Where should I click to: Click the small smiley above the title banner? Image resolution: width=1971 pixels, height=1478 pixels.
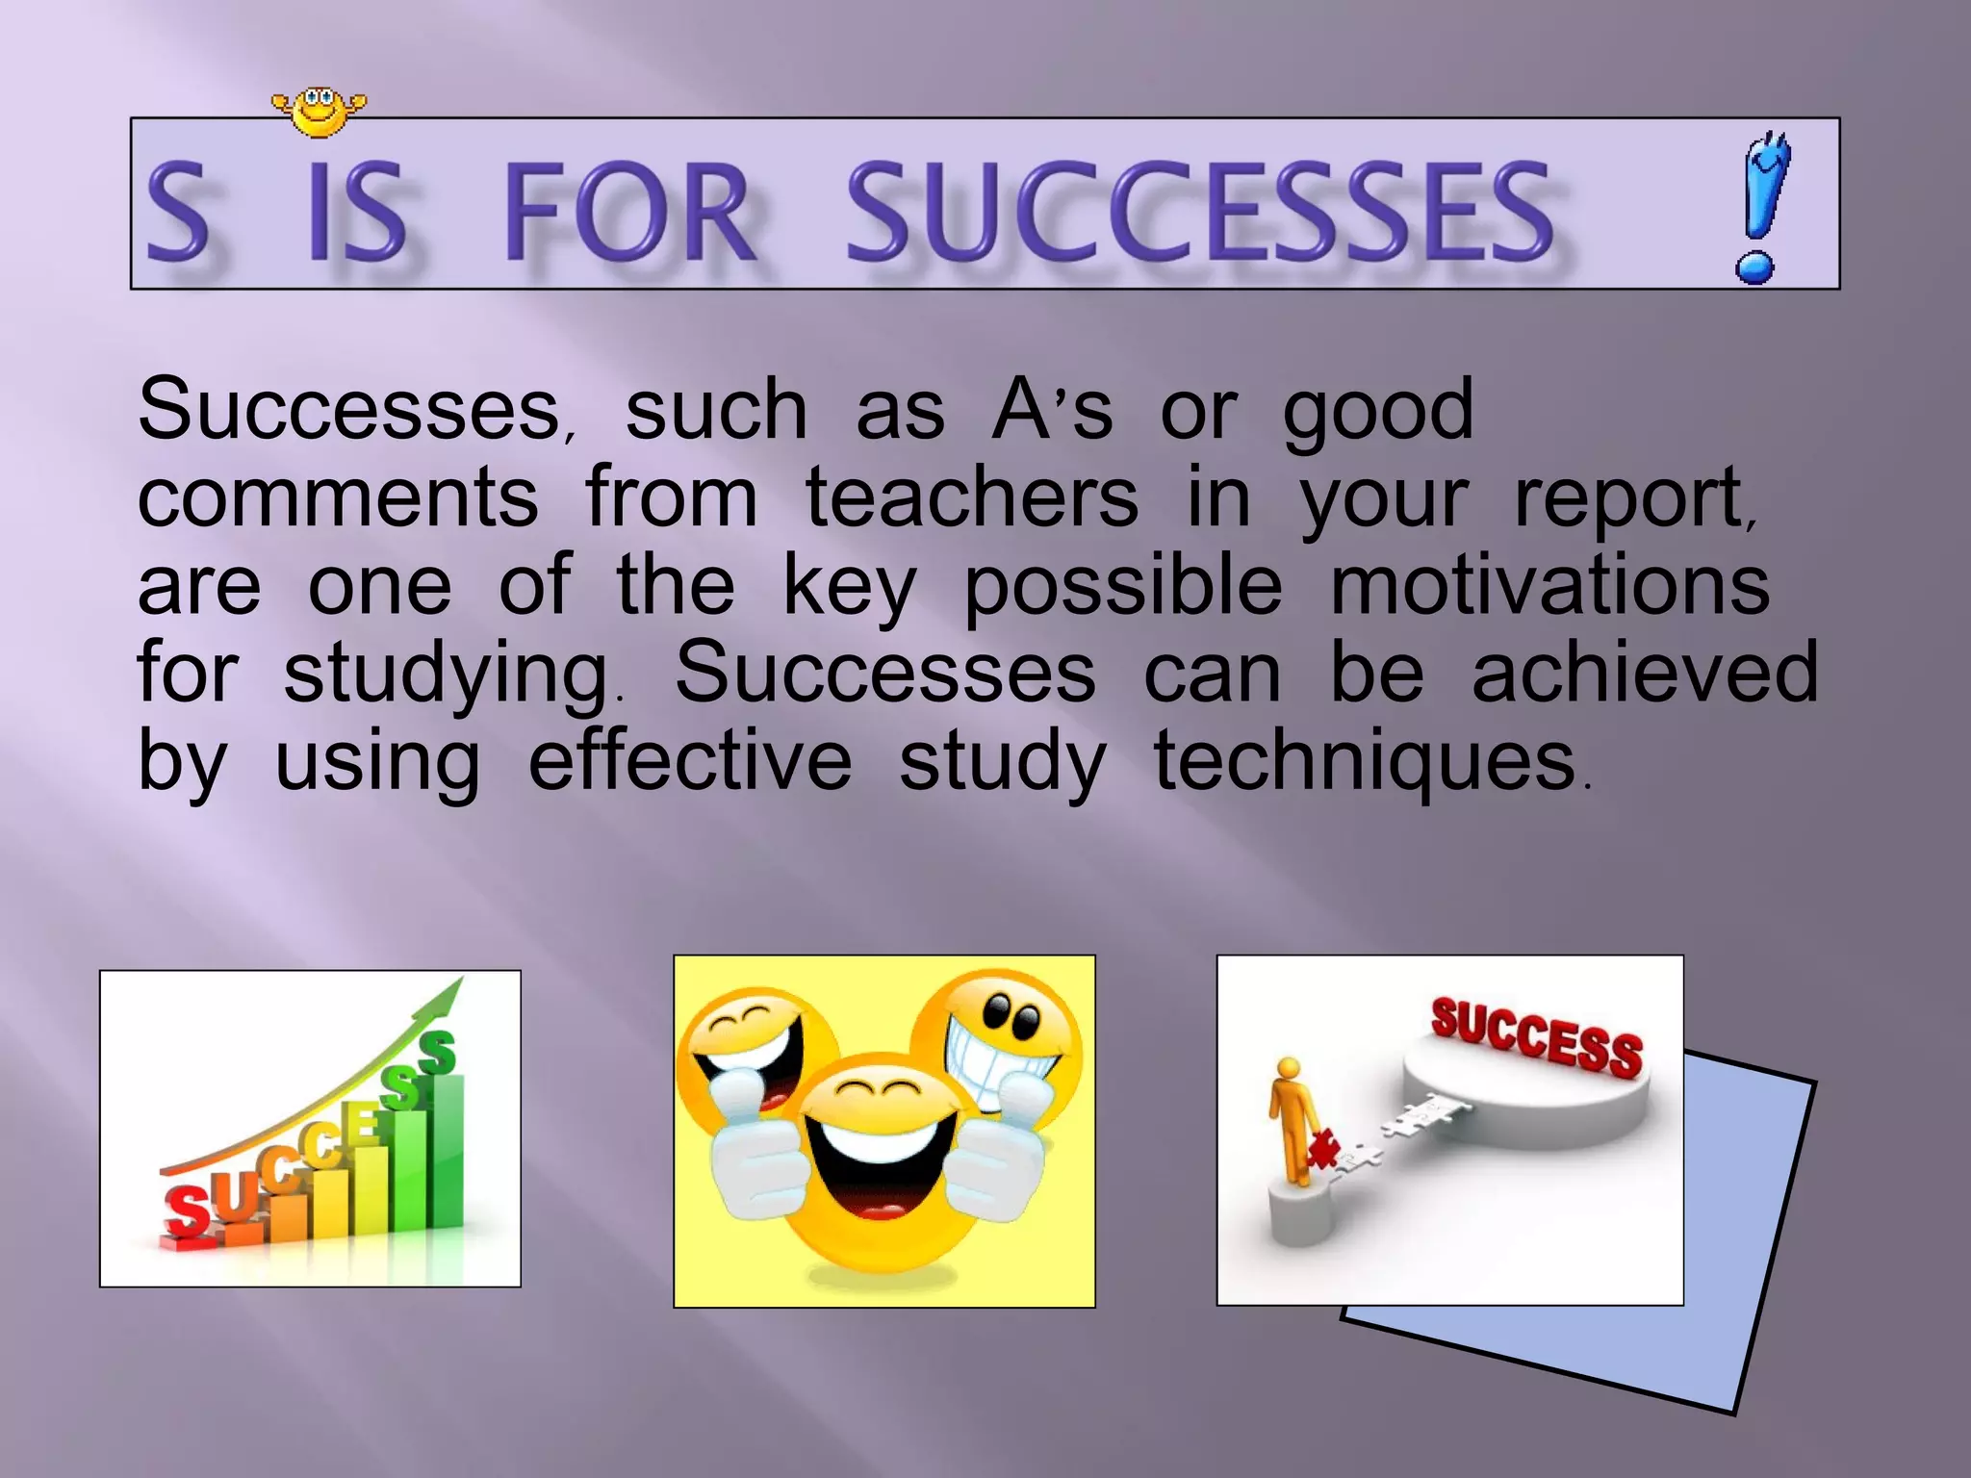point(319,111)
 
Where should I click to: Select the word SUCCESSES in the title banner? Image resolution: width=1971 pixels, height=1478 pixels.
point(1198,213)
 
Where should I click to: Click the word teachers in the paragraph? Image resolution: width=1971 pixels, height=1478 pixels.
point(971,497)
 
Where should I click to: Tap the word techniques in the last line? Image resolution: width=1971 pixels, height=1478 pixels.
point(1364,761)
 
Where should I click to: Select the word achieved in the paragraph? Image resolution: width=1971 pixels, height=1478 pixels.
point(1645,673)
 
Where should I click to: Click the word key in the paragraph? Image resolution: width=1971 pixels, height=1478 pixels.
point(849,587)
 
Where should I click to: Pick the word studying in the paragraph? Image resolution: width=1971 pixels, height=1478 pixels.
point(445,675)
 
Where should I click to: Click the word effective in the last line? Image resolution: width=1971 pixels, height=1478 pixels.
point(689,761)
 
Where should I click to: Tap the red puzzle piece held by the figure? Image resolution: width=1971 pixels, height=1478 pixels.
point(1324,1149)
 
